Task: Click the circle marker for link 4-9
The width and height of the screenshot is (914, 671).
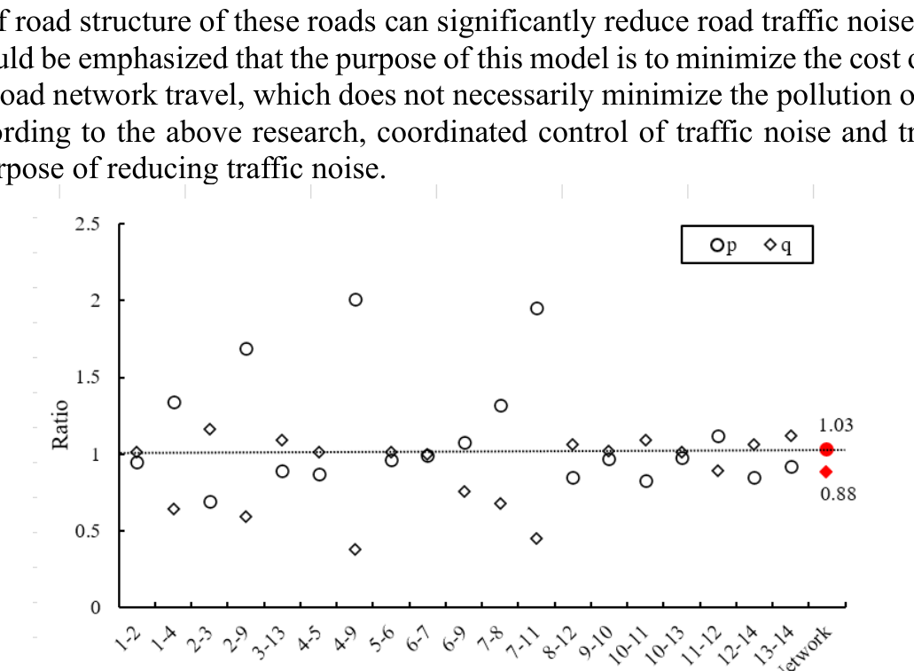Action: pyautogui.click(x=355, y=300)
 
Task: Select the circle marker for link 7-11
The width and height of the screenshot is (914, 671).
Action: pyautogui.click(x=536, y=308)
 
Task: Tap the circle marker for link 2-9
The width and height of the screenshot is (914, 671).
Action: pyautogui.click(x=246, y=348)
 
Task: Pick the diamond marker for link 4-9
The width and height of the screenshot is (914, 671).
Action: pyautogui.click(x=355, y=550)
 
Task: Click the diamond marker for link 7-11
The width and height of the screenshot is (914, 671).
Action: pyautogui.click(x=536, y=538)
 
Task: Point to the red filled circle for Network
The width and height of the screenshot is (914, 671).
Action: pyautogui.click(x=826, y=449)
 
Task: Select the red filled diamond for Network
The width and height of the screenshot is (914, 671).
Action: pyautogui.click(x=826, y=472)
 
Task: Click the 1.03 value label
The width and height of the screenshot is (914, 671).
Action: pyautogui.click(x=837, y=426)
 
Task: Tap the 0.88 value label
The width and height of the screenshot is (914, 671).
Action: pyautogui.click(x=838, y=495)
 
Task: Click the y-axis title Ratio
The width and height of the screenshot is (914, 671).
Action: pyautogui.click(x=61, y=425)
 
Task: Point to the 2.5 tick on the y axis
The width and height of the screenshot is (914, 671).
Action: pyautogui.click(x=88, y=223)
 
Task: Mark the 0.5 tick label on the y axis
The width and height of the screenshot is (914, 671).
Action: pyautogui.click(x=88, y=531)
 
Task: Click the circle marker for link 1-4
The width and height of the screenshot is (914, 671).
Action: pyautogui.click(x=174, y=402)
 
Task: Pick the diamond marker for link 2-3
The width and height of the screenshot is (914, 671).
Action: pyautogui.click(x=210, y=429)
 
